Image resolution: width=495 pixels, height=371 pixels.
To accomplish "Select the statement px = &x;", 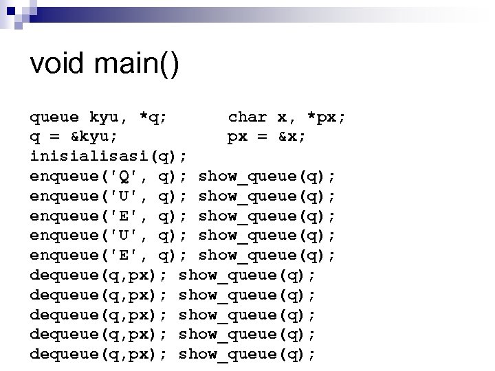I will point(267,137).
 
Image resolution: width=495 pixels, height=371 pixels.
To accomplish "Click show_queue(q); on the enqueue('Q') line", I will point(267,177).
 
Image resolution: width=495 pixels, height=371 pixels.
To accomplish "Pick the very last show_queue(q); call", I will point(247,355).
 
